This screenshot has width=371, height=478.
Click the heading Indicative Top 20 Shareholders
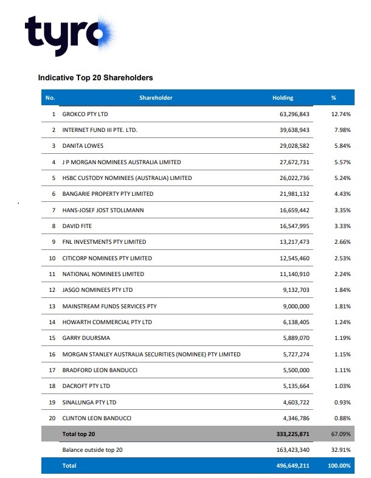(95, 78)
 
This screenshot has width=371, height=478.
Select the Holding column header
(283, 98)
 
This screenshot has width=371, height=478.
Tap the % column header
(333, 98)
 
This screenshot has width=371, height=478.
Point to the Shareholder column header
(156, 98)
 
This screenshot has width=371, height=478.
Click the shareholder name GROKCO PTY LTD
(89, 114)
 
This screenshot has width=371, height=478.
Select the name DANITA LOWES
(84, 146)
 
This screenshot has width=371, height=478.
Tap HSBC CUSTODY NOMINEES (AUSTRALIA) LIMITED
(127, 178)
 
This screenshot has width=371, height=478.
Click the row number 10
(52, 258)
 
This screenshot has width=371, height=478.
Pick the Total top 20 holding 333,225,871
(293, 435)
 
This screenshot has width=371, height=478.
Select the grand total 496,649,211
(293, 466)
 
